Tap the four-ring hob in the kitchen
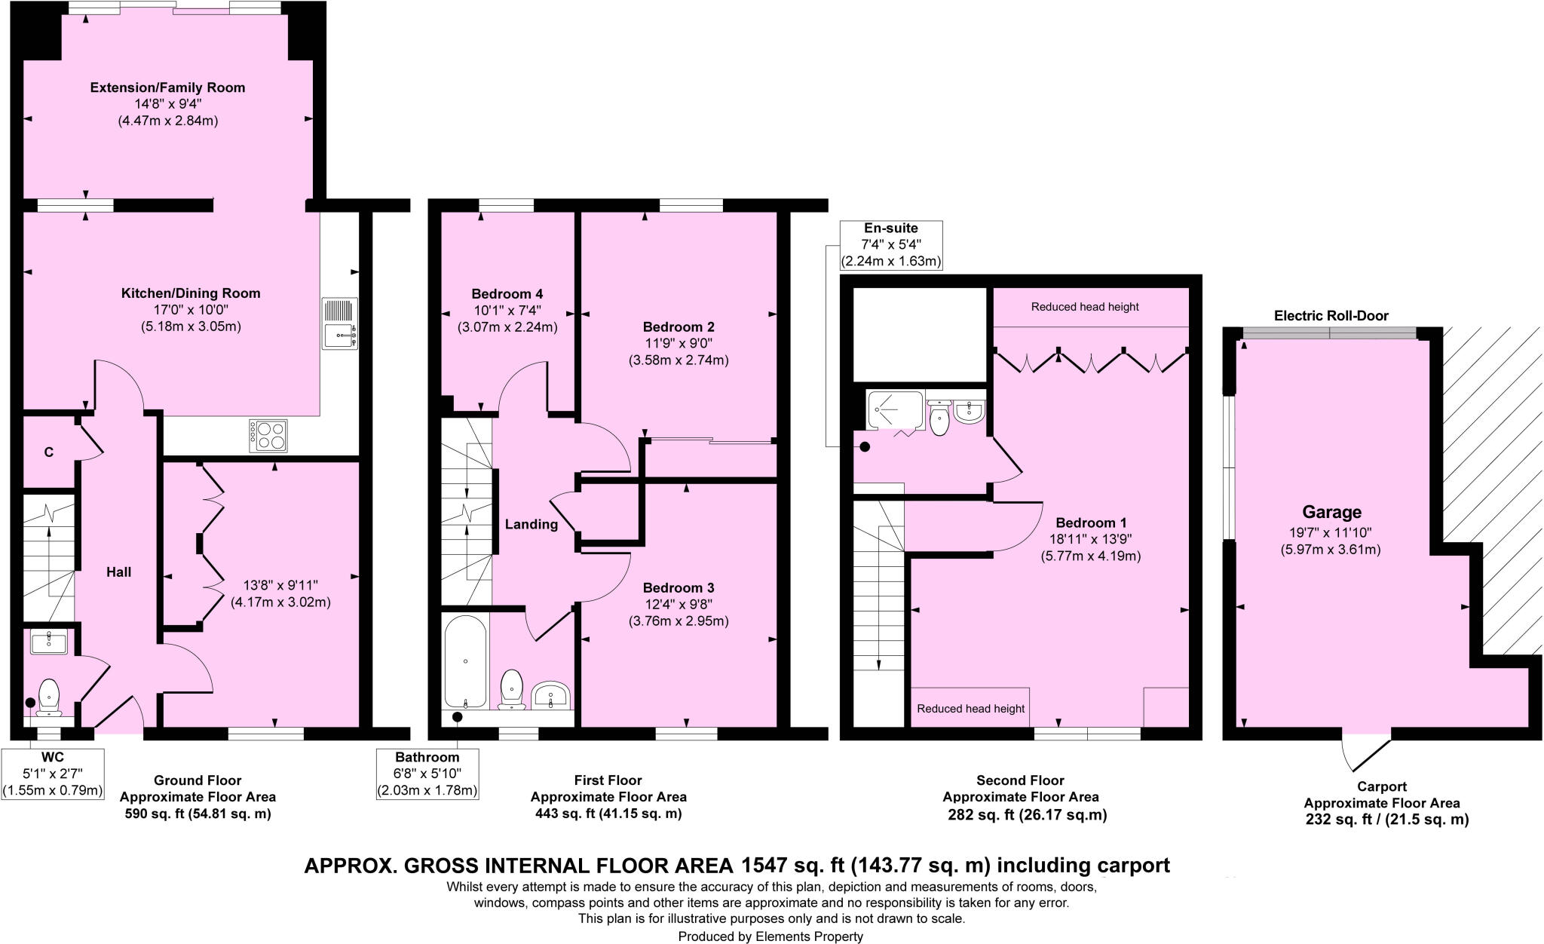pyautogui.click(x=268, y=435)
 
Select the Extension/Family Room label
pyautogui.click(x=167, y=87)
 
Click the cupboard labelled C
pyautogui.click(x=49, y=452)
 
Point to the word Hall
pyautogui.click(x=118, y=572)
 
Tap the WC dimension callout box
pyautogui.click(x=52, y=773)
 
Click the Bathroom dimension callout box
pyautogui.click(x=427, y=773)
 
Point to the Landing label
pyautogui.click(x=532, y=525)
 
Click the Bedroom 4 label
pyautogui.click(x=507, y=294)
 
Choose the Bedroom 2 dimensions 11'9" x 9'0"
pyautogui.click(x=678, y=344)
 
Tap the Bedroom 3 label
pyautogui.click(x=678, y=588)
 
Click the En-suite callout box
pyautogui.click(x=891, y=245)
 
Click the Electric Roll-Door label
pyautogui.click(x=1331, y=316)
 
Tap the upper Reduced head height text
pyautogui.click(x=1084, y=307)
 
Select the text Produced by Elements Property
pyautogui.click(x=770, y=936)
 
